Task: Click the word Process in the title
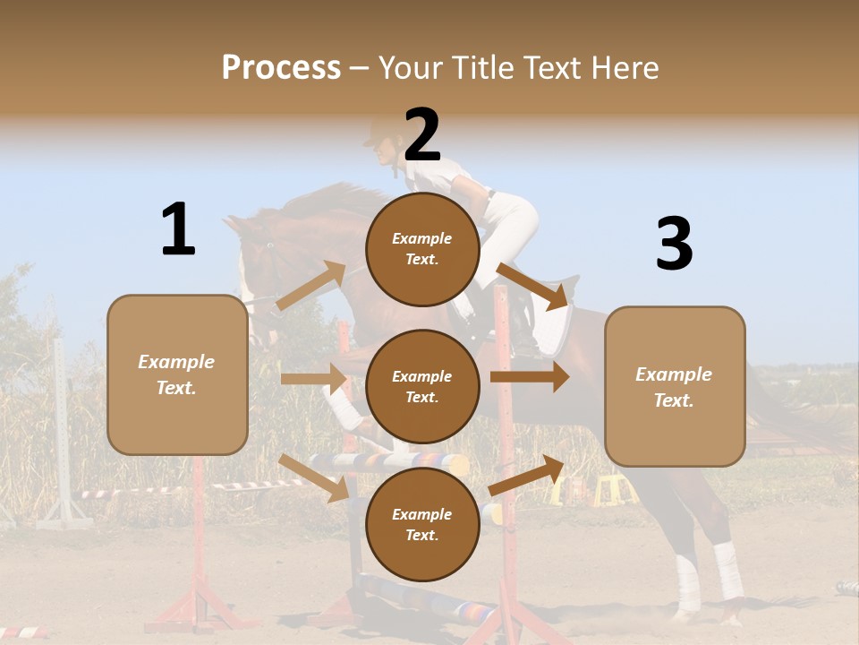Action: pyautogui.click(x=281, y=68)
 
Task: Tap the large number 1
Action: pyautogui.click(x=178, y=229)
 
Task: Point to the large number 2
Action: pyautogui.click(x=422, y=135)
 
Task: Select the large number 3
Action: pyautogui.click(x=674, y=245)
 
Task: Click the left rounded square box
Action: pyautogui.click(x=177, y=374)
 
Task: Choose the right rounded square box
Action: pyautogui.click(x=675, y=386)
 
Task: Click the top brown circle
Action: pyautogui.click(x=422, y=249)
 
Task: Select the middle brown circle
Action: pyautogui.click(x=422, y=386)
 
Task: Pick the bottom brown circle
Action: pyautogui.click(x=422, y=524)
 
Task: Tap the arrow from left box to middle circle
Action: pyautogui.click(x=313, y=379)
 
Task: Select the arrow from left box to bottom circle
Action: pyautogui.click(x=314, y=477)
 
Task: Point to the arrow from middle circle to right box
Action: pyautogui.click(x=530, y=376)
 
